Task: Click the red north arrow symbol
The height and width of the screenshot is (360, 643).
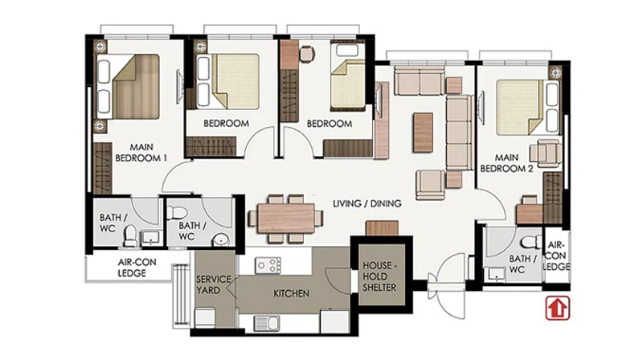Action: [x=557, y=308]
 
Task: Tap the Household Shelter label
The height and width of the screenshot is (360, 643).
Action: [x=379, y=276]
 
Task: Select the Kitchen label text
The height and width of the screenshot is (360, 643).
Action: [x=291, y=293]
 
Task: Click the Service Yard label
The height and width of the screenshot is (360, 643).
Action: [x=213, y=284]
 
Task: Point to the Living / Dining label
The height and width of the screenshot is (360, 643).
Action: [x=367, y=203]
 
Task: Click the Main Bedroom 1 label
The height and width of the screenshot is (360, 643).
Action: [x=141, y=153]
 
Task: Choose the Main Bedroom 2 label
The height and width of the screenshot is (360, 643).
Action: [x=506, y=163]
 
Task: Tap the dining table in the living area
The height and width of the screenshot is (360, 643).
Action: [x=286, y=218]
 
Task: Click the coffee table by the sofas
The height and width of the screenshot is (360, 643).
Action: [x=424, y=133]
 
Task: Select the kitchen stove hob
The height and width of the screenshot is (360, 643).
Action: [x=268, y=265]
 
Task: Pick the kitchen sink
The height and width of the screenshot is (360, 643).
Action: [x=267, y=323]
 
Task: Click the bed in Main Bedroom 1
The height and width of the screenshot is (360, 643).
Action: [x=128, y=87]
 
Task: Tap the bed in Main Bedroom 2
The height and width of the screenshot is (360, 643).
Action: [x=528, y=108]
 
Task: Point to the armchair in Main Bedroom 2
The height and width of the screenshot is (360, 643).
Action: [x=546, y=153]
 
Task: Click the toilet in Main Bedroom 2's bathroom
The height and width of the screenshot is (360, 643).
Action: [x=532, y=242]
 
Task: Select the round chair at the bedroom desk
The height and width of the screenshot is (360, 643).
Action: [x=307, y=54]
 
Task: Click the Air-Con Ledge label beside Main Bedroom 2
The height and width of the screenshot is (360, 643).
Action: [x=556, y=256]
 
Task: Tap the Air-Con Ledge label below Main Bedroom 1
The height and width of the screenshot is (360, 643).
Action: [x=137, y=268]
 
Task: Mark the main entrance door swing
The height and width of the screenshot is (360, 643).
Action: [x=448, y=286]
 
